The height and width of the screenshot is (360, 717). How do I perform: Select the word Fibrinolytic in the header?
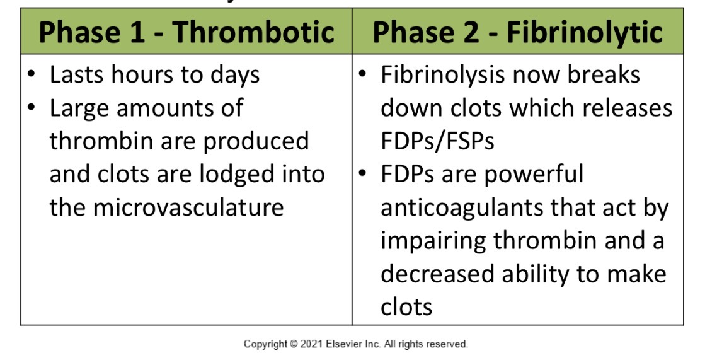[x=584, y=33]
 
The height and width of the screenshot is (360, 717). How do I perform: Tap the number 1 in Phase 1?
[x=136, y=33]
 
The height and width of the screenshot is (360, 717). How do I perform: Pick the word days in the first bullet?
[x=234, y=75]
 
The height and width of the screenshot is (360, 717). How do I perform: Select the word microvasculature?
[x=166, y=207]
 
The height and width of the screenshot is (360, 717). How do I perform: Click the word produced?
[x=256, y=141]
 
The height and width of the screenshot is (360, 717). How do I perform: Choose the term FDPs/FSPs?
[x=437, y=141]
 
